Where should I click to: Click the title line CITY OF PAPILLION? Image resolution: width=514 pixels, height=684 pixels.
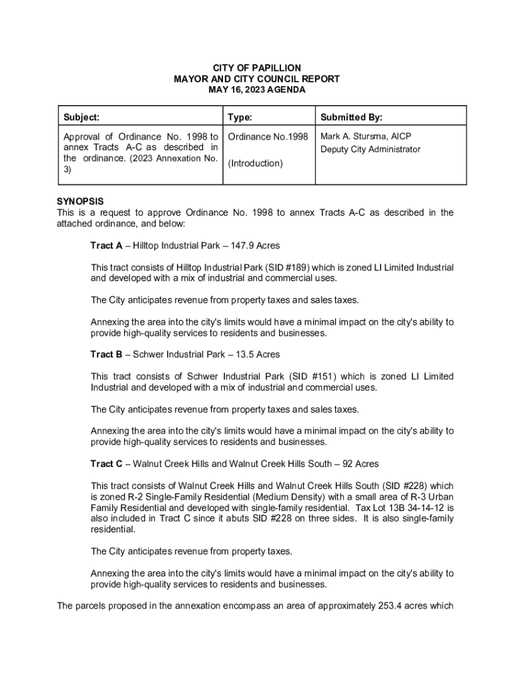click(256, 68)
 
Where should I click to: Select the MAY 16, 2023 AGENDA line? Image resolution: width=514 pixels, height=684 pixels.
click(256, 90)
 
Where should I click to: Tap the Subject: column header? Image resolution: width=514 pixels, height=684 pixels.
click(81, 118)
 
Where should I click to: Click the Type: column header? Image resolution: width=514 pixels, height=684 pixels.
click(240, 118)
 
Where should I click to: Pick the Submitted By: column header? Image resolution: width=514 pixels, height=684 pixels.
click(351, 118)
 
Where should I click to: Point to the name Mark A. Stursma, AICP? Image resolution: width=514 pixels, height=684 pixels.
click(366, 136)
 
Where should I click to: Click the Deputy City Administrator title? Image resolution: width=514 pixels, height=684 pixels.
click(370, 150)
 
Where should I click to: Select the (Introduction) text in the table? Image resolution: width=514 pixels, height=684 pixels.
click(255, 164)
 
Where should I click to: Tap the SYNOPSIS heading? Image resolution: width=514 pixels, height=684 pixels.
click(80, 201)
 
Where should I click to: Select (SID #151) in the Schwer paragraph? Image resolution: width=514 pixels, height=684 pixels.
click(312, 376)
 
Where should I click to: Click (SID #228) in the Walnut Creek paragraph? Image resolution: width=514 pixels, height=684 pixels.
click(409, 486)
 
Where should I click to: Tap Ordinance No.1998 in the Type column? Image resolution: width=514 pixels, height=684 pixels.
click(268, 137)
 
